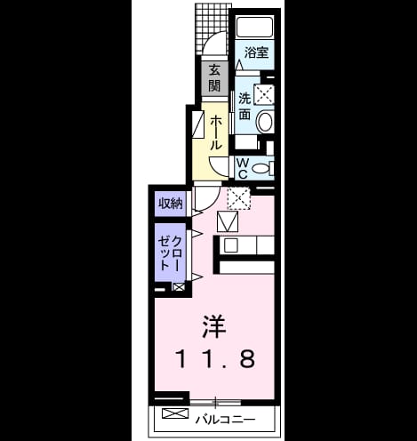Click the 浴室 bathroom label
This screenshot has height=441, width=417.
coord(256,52)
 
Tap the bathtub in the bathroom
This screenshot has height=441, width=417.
coord(254,27)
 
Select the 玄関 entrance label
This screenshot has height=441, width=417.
coord(214,78)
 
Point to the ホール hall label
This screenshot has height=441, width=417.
coord(215,132)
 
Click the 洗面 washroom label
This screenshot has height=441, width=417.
coord(245,106)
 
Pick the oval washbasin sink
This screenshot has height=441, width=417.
coord(265,122)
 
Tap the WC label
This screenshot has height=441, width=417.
coord(243,168)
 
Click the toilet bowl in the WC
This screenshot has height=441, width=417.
coord(260,169)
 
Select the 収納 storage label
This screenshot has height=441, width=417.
coord(171,204)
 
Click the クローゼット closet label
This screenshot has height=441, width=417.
coord(170,253)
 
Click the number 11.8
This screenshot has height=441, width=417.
coord(215,358)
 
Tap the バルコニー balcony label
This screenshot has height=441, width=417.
coord(225,420)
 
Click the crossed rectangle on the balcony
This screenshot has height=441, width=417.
coord(175,413)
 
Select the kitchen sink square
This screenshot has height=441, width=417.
coord(230,245)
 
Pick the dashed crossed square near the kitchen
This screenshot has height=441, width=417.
coord(239,198)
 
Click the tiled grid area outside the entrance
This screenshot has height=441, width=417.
coord(213,28)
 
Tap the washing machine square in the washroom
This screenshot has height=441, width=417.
coord(264,94)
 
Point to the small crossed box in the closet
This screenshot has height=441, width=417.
coord(179,287)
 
